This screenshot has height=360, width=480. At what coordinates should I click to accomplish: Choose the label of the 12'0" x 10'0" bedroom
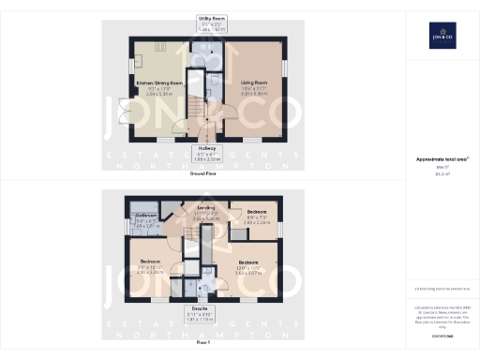click(248, 265)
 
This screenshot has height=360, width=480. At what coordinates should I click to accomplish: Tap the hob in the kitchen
click(160, 46)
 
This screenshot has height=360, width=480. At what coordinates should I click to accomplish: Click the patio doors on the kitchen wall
click(124, 112)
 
